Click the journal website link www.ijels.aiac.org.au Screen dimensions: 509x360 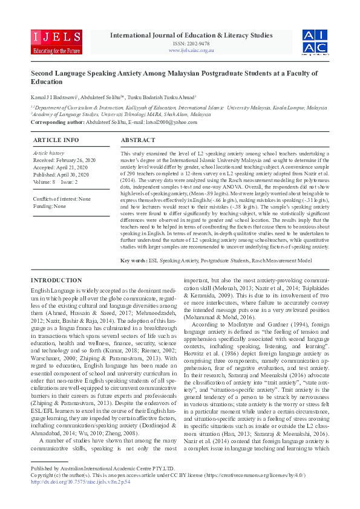[191, 51]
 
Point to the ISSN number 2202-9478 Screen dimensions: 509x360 [191, 44]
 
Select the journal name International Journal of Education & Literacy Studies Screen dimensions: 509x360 [191, 35]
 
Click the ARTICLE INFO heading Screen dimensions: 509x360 [56, 140]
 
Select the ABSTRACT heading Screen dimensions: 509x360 [138, 140]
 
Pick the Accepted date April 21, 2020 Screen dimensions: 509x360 [62, 167]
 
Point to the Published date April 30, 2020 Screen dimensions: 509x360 [63, 174]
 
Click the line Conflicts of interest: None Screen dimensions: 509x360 [62, 199]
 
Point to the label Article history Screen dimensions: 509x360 [48, 154]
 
